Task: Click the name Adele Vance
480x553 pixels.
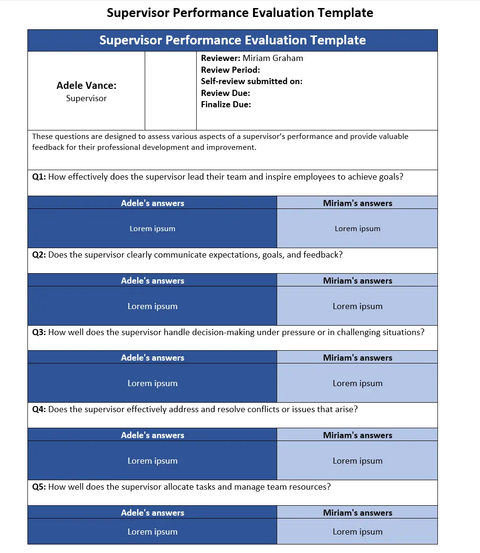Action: click(86, 86)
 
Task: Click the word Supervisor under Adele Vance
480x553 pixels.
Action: click(86, 98)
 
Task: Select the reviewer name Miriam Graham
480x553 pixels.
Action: click(273, 58)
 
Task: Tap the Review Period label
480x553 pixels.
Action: click(230, 70)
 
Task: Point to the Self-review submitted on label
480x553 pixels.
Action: click(252, 81)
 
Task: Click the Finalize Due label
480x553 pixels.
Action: click(226, 104)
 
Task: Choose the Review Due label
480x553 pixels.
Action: click(226, 93)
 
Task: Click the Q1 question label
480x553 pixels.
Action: click(39, 177)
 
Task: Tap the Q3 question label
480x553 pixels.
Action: click(39, 332)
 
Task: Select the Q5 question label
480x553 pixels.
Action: click(39, 487)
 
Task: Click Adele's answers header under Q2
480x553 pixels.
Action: click(152, 281)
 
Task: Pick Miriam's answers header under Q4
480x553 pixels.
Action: click(358, 435)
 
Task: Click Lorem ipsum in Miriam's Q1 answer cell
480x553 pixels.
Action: click(358, 229)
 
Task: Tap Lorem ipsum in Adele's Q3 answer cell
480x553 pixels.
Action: click(152, 383)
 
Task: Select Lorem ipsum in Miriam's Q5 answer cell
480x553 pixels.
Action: click(358, 532)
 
